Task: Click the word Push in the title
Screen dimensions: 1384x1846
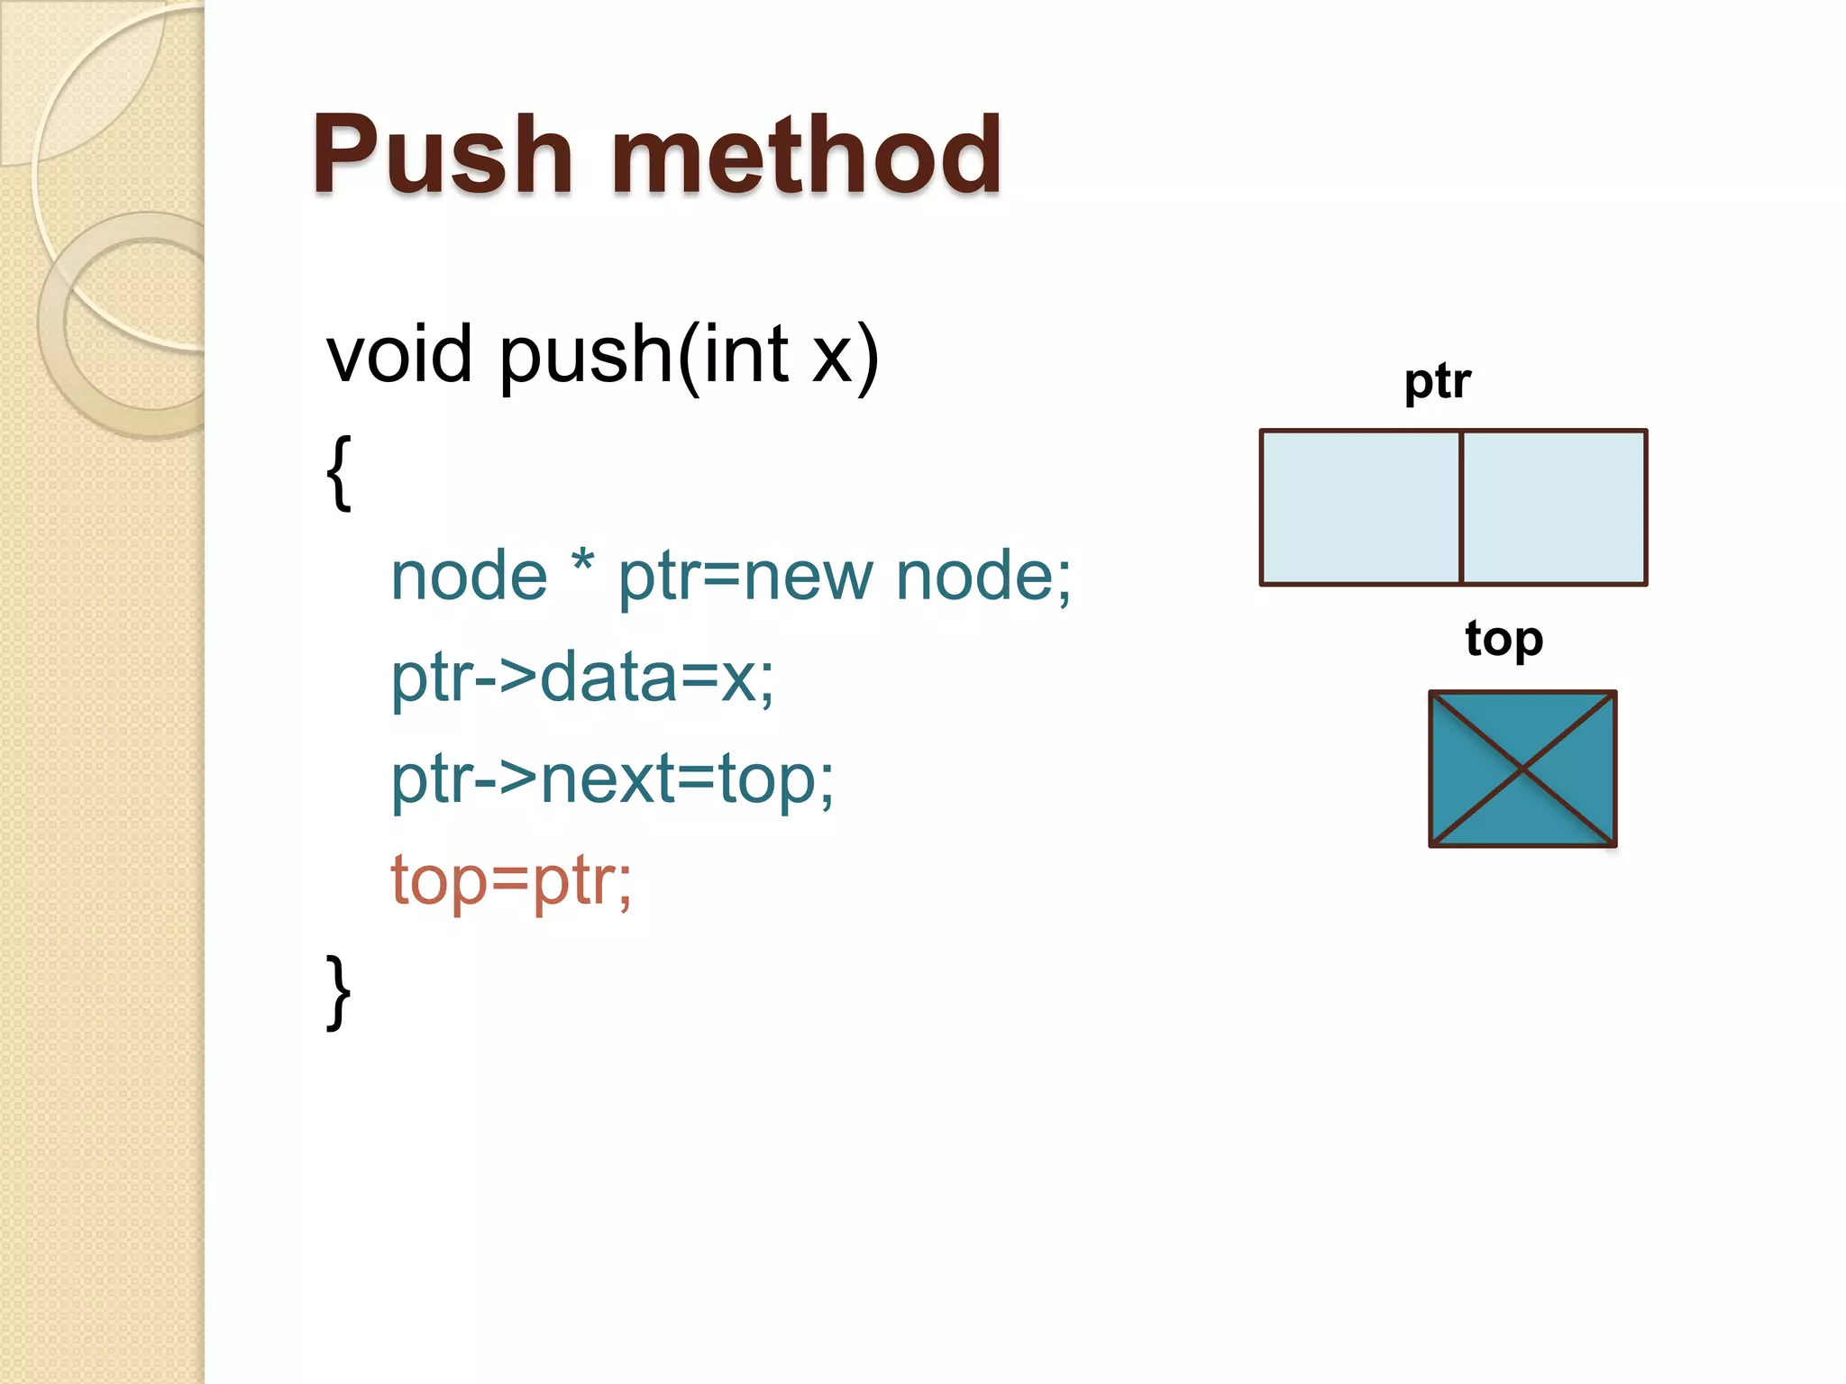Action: [x=442, y=155]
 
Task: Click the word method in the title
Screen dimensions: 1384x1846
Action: [x=806, y=155]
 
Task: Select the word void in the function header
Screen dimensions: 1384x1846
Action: [x=398, y=354]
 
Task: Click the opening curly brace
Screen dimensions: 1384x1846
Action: [x=338, y=472]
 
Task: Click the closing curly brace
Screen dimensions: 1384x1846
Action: [x=338, y=991]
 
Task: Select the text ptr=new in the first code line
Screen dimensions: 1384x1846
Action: [x=745, y=577]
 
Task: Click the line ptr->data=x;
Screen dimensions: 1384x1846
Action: [x=582, y=678]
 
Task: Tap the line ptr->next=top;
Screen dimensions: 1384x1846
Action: [x=612, y=778]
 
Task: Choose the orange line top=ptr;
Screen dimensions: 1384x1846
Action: [x=511, y=880]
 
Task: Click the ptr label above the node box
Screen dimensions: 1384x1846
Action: [x=1437, y=381]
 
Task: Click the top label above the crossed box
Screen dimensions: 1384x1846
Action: [x=1503, y=639]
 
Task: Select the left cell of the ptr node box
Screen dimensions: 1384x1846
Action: [x=1359, y=508]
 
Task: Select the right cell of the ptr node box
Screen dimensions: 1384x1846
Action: [x=1554, y=508]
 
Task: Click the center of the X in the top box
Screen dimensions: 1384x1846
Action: [x=1522, y=769]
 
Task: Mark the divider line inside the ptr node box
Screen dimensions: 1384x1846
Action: [x=1460, y=508]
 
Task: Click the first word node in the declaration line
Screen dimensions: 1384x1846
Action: [x=469, y=577]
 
